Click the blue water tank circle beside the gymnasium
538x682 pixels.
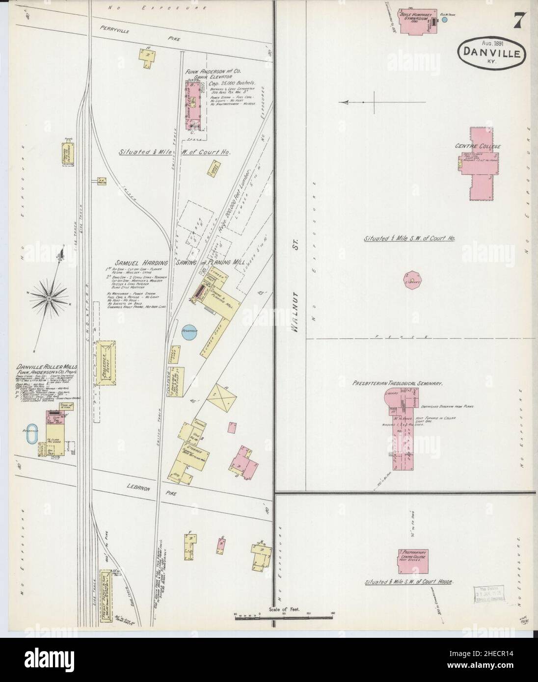coord(445,20)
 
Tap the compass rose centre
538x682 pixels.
coord(49,298)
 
